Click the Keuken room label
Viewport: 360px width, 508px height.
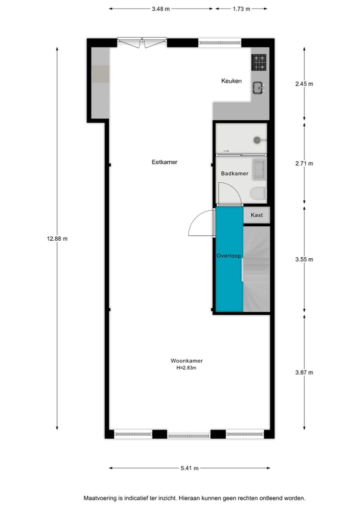(x=231, y=81)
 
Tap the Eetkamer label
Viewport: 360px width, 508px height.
(x=164, y=162)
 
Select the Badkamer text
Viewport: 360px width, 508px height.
(x=234, y=173)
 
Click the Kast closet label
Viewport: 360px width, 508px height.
(x=256, y=215)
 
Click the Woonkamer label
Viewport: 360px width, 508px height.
(x=186, y=361)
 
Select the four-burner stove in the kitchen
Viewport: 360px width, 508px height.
(x=259, y=62)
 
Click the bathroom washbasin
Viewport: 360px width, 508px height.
(x=259, y=169)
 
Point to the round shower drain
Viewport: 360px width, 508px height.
(x=257, y=140)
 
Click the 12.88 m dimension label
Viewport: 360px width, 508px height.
(x=57, y=238)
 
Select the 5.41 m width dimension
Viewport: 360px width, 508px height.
(x=189, y=468)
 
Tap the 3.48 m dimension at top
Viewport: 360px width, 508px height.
(x=160, y=8)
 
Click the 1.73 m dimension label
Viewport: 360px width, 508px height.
(x=241, y=8)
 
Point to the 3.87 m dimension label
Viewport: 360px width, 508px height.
(x=304, y=372)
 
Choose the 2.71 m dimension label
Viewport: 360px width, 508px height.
(x=304, y=163)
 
